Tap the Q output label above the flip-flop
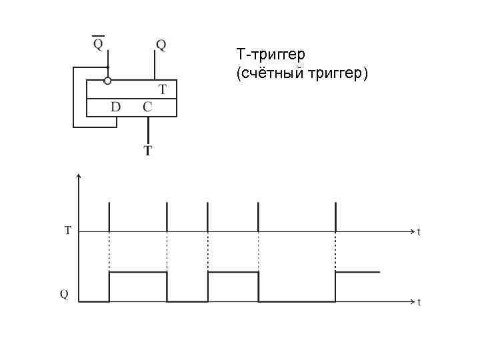(161, 45)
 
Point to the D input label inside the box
(115, 107)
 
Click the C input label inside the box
(147, 107)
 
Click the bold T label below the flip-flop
(147, 151)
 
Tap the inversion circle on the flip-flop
(107, 81)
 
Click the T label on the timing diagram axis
(67, 231)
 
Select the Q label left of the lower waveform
(64, 293)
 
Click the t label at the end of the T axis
(419, 232)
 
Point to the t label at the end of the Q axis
(419, 302)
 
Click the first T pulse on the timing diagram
(109, 217)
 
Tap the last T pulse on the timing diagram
(335, 217)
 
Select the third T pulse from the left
(208, 217)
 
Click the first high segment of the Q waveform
(138, 272)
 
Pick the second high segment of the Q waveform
(233, 272)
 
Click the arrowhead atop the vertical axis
(79, 177)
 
